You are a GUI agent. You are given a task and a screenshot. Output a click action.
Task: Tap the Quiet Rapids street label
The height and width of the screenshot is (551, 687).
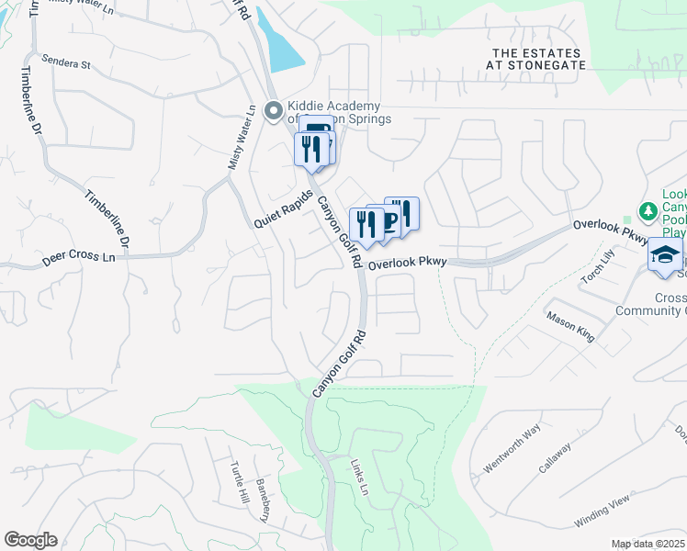[x=284, y=210]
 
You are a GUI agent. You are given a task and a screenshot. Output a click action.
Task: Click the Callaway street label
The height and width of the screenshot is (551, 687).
[x=555, y=457]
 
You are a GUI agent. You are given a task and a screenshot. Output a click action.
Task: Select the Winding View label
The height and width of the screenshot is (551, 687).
[x=602, y=511]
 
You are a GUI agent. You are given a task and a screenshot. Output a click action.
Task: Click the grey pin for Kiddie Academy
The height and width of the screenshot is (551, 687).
[x=273, y=111]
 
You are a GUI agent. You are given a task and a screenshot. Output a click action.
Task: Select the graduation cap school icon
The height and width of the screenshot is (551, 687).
[x=664, y=255]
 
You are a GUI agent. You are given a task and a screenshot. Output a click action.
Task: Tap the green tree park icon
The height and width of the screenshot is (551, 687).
[x=648, y=210]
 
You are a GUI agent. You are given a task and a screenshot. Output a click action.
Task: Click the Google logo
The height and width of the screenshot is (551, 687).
[x=30, y=540]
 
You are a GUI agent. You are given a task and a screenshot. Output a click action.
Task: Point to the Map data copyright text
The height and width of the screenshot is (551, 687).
[x=648, y=544]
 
